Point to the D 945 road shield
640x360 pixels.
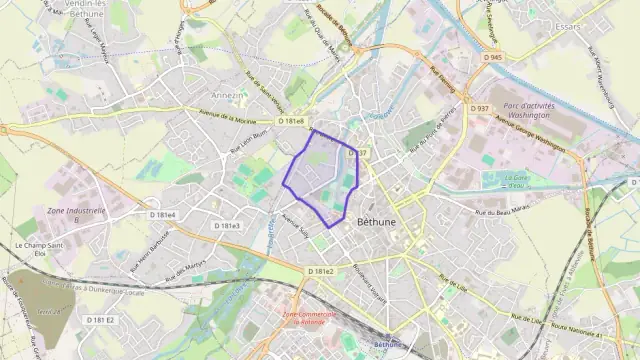click(x=492, y=58)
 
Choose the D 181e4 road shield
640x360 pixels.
click(x=162, y=215)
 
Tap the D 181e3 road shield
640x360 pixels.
click(x=227, y=226)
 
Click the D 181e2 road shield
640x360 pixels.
click(x=321, y=271)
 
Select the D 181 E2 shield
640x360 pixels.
click(x=100, y=319)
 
